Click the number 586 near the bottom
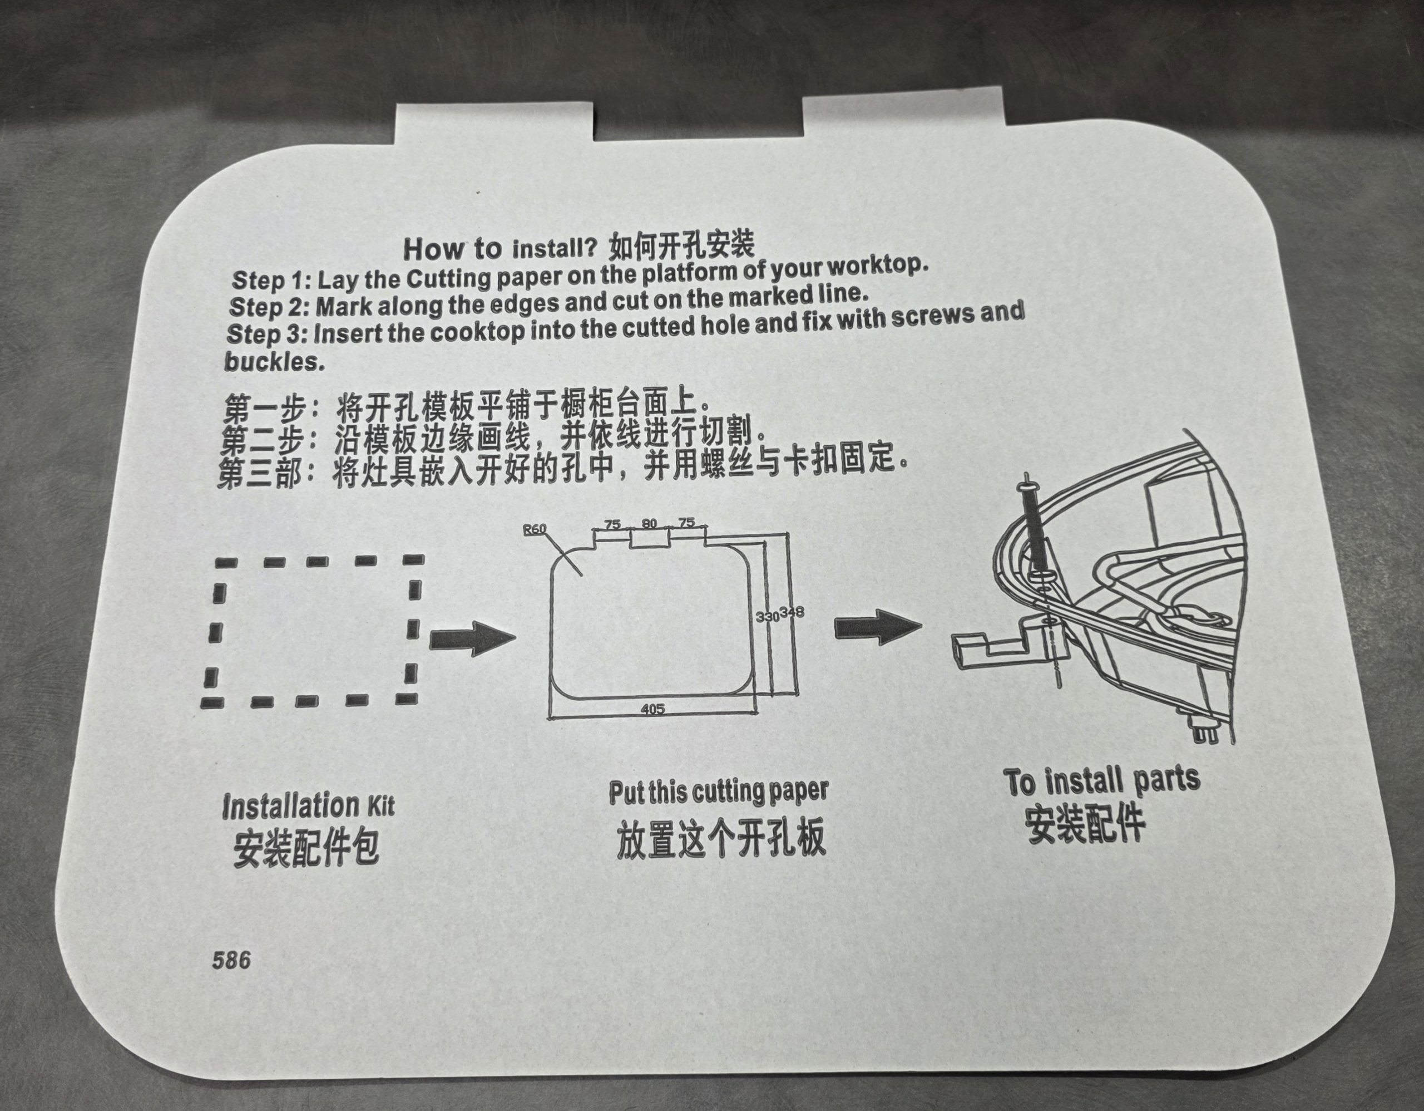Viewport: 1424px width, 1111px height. [x=231, y=960]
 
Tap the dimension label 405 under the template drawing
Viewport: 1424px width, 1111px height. [x=652, y=709]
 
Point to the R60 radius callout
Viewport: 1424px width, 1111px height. [x=535, y=529]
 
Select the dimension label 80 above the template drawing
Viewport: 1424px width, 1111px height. [x=649, y=523]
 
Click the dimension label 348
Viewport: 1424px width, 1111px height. [x=792, y=613]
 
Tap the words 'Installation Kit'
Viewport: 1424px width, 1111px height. [x=308, y=807]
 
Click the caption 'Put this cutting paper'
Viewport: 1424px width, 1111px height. [x=718, y=792]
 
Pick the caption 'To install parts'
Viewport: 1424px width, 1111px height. [x=1101, y=781]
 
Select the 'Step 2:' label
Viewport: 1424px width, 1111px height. [x=270, y=306]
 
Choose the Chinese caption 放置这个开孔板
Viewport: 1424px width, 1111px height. [x=721, y=838]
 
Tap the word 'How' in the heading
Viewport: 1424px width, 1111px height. [x=433, y=249]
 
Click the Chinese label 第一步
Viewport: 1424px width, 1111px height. [x=264, y=409]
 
